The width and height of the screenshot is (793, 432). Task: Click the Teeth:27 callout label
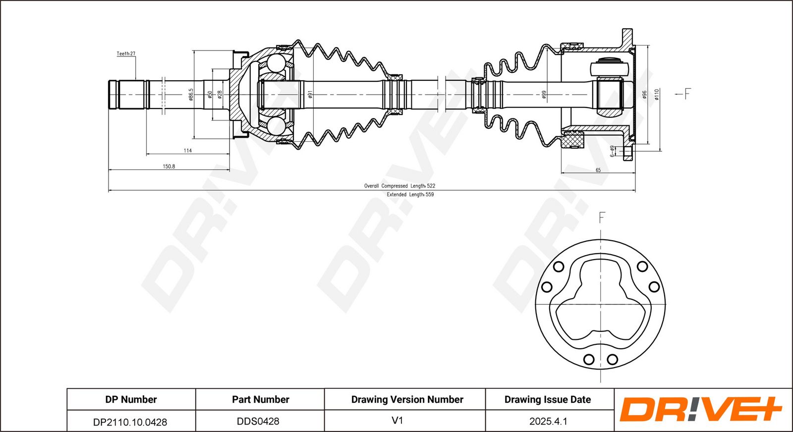(x=126, y=54)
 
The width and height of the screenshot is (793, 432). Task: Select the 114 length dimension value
(x=187, y=151)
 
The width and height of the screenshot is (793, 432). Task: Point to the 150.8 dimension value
(x=169, y=166)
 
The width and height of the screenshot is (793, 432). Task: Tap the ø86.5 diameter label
(x=190, y=94)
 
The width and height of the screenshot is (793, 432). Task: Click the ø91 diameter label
(x=310, y=94)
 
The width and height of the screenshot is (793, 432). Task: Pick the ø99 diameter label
(x=544, y=94)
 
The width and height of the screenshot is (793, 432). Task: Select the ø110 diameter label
(x=656, y=94)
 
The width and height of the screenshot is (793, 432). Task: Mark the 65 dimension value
(x=598, y=170)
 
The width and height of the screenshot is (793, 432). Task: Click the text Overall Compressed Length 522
(x=399, y=186)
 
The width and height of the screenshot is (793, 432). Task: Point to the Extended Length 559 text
(x=410, y=195)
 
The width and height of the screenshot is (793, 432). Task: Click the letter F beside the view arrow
(x=687, y=94)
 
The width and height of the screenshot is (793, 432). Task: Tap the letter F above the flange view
(x=602, y=217)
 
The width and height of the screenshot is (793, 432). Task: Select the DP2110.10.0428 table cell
(x=130, y=422)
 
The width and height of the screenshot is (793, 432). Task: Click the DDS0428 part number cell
(x=258, y=421)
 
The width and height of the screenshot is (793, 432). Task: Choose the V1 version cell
(x=397, y=421)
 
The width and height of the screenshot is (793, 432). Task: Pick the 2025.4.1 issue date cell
(x=548, y=421)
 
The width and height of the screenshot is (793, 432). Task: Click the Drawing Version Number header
(x=407, y=399)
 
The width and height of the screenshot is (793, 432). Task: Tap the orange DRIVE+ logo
(x=700, y=410)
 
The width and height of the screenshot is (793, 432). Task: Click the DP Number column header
(x=131, y=399)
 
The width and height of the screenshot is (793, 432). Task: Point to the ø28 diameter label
(x=220, y=94)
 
